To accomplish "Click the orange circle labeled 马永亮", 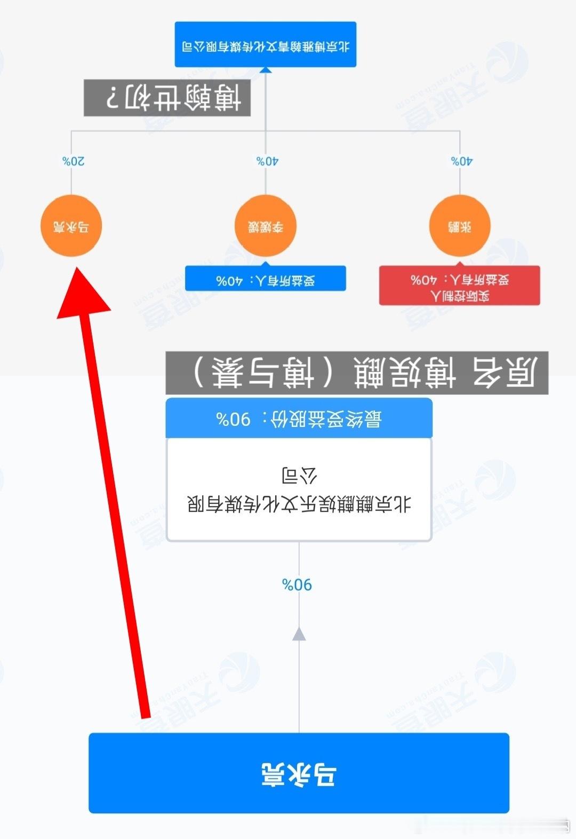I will pyautogui.click(x=71, y=226).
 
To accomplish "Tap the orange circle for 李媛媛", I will pyautogui.click(x=265, y=226).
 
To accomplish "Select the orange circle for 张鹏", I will pyautogui.click(x=460, y=226).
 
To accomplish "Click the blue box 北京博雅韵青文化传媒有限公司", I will pyautogui.click(x=266, y=45).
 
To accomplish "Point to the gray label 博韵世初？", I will pyautogui.click(x=167, y=98).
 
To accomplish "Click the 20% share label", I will pyautogui.click(x=73, y=161).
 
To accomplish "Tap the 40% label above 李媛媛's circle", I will pyautogui.click(x=267, y=161).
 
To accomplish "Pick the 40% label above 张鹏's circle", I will pyautogui.click(x=462, y=161).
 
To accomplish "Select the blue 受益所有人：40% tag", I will pyautogui.click(x=266, y=279).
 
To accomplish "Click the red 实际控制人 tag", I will pyautogui.click(x=460, y=286).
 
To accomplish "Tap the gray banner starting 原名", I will pyautogui.click(x=357, y=372).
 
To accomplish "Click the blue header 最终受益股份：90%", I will pyautogui.click(x=299, y=418).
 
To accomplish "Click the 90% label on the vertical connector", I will pyautogui.click(x=297, y=584).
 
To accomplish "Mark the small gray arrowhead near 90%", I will pyautogui.click(x=299, y=634).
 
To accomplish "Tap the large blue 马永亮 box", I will pyautogui.click(x=299, y=773).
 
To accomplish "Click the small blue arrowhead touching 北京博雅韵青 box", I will pyautogui.click(x=266, y=70).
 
